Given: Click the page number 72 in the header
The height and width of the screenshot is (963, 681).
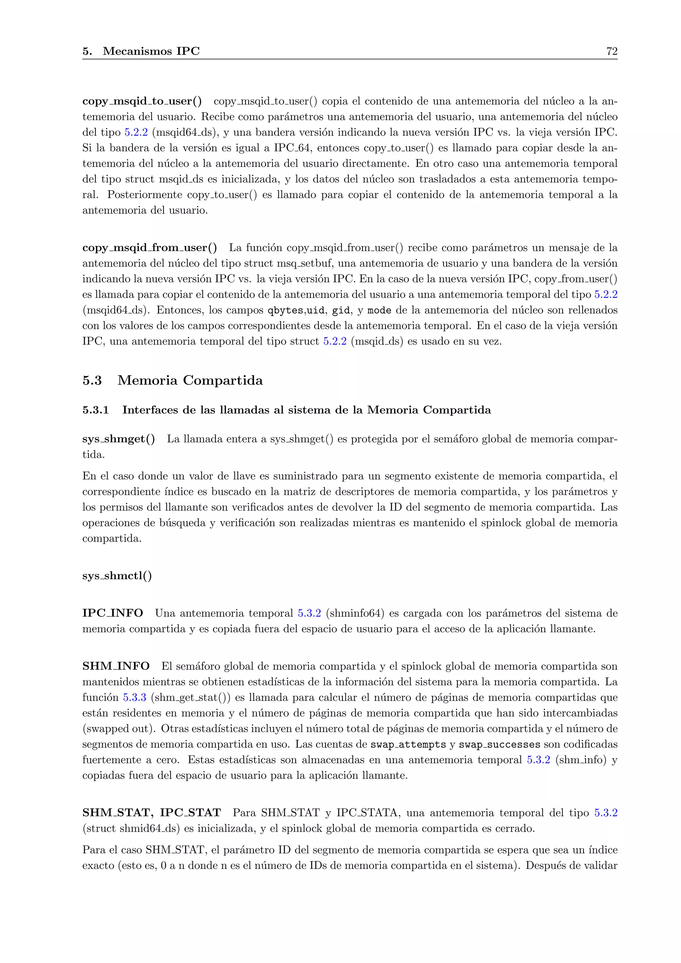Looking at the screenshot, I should (x=612, y=51).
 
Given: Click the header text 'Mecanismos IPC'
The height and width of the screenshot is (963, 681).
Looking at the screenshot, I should (x=151, y=51).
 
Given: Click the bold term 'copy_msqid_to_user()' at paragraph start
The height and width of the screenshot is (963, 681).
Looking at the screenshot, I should (x=142, y=101).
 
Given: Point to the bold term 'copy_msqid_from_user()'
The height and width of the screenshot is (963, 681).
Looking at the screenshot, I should (x=149, y=248).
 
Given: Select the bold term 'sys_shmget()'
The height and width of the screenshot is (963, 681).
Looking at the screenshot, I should (x=118, y=439).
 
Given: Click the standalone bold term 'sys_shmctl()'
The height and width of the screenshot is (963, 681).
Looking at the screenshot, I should (x=117, y=576).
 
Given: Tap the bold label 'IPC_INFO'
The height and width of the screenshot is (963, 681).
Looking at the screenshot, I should (x=112, y=613).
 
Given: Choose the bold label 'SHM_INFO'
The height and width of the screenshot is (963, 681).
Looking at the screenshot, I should (x=116, y=666).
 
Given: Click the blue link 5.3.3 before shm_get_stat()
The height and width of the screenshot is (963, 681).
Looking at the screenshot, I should (x=134, y=698).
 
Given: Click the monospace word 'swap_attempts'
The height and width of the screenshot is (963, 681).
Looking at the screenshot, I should (x=408, y=745).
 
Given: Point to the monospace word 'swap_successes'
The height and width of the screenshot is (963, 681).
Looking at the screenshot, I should (x=499, y=745).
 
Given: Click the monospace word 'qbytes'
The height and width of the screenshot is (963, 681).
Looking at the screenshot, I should (x=286, y=310).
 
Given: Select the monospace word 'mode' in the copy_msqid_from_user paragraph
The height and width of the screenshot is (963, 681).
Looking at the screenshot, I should (x=379, y=310).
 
